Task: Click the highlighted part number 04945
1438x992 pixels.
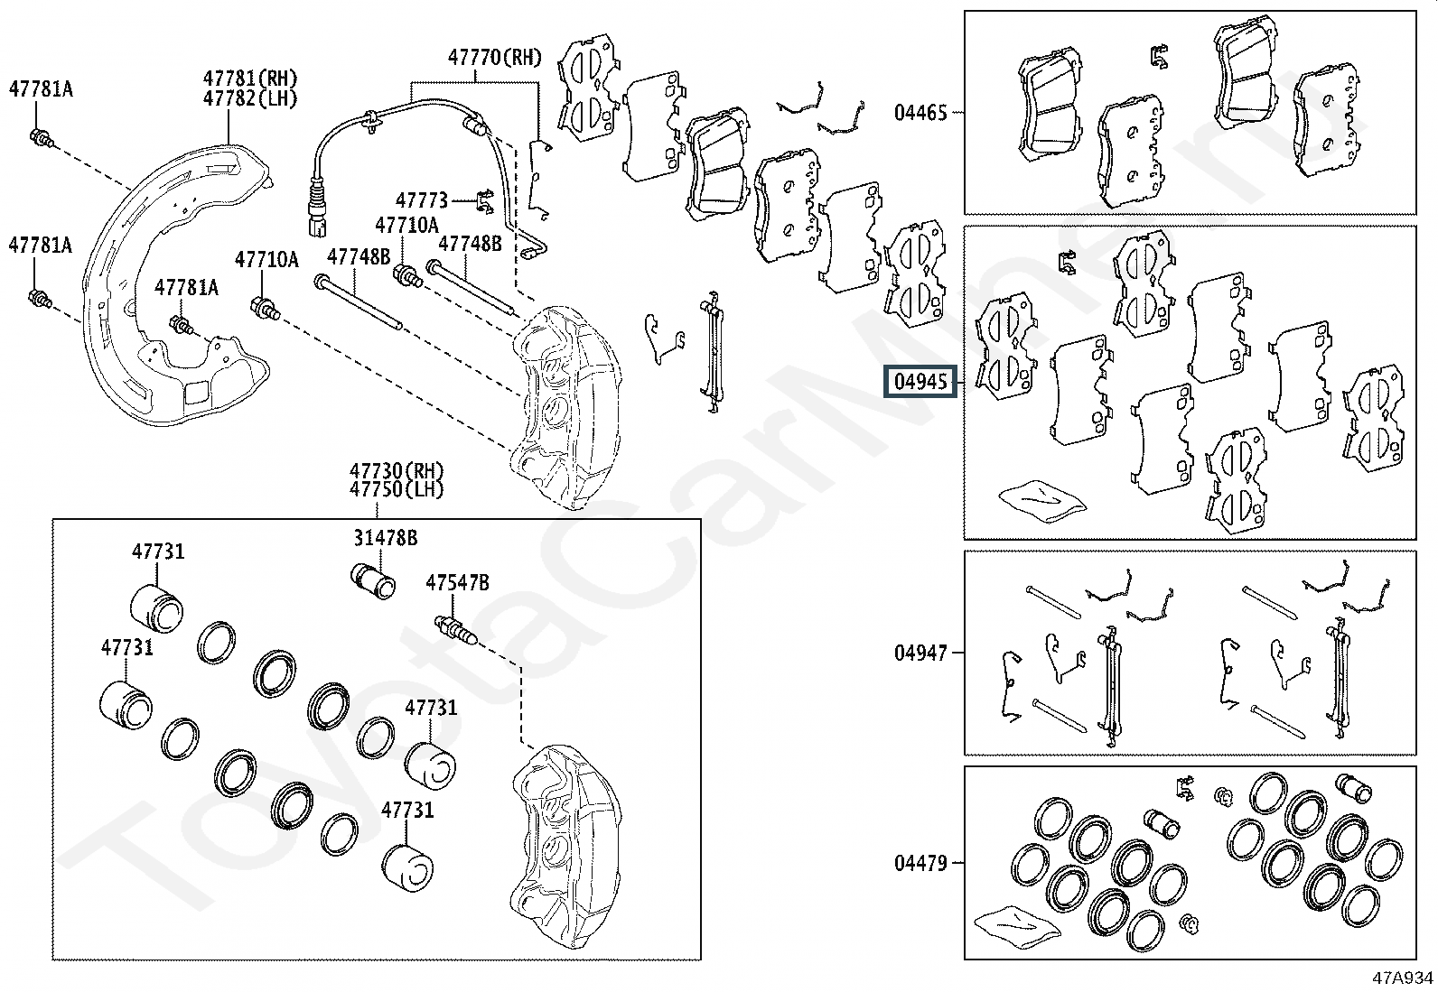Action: tap(920, 382)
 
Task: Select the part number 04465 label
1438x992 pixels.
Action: tap(920, 113)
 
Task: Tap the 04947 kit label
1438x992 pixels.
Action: tap(920, 653)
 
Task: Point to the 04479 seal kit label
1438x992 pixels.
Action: tap(920, 864)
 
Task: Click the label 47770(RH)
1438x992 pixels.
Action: tap(494, 58)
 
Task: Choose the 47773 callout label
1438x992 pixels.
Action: tap(421, 199)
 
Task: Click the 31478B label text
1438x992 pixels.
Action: tap(385, 538)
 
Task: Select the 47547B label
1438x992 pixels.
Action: tap(457, 583)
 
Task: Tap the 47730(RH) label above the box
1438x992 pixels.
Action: tap(397, 471)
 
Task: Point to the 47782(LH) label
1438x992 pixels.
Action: tap(250, 98)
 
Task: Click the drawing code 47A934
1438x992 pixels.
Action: tap(1403, 978)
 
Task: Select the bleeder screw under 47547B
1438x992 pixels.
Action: tap(455, 628)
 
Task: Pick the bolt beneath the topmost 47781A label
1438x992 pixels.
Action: tap(42, 138)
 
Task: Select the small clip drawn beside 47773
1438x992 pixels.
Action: tap(483, 201)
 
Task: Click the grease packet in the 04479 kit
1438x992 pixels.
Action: tap(1014, 927)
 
